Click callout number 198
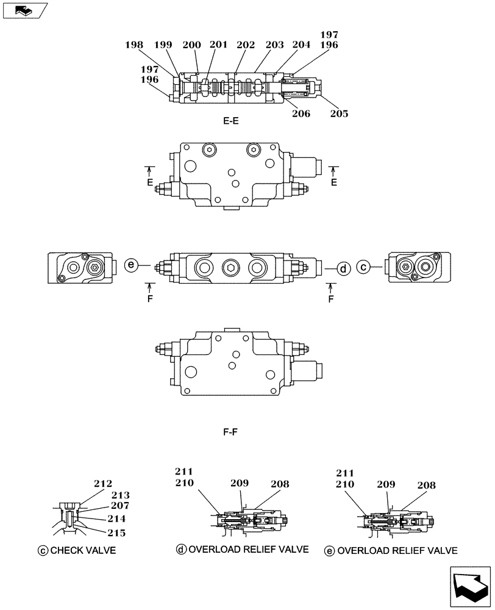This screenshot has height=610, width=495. (x=134, y=45)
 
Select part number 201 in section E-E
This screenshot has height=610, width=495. (x=218, y=45)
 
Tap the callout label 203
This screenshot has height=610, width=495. (x=274, y=45)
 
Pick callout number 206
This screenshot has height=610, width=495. (x=301, y=113)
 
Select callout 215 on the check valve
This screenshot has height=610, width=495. (x=116, y=533)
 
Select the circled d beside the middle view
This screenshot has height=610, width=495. (x=343, y=268)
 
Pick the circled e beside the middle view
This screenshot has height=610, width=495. (x=130, y=265)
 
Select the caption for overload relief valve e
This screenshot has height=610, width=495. (x=396, y=551)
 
